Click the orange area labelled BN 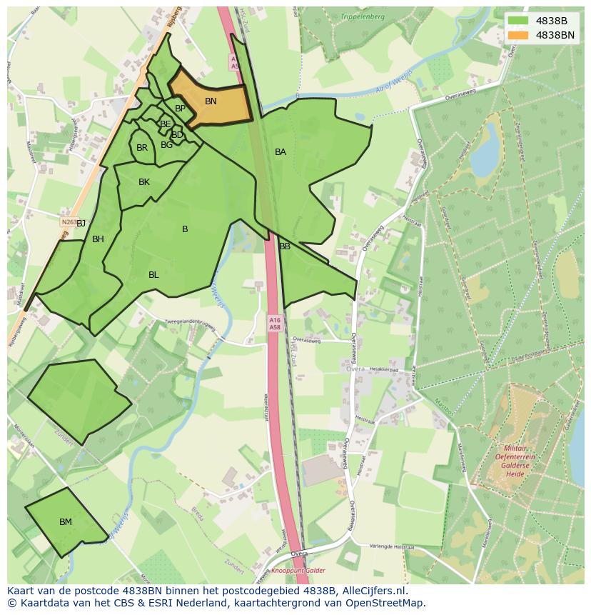click(x=211, y=102)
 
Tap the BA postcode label click(x=281, y=152)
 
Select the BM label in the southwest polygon click(x=66, y=522)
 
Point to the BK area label click(x=144, y=182)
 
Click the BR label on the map click(x=142, y=148)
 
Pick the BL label click(x=153, y=275)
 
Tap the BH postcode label click(x=98, y=239)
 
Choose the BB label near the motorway click(x=285, y=246)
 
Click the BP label click(x=180, y=109)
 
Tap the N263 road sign click(x=69, y=222)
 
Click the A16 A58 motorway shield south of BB click(x=275, y=324)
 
